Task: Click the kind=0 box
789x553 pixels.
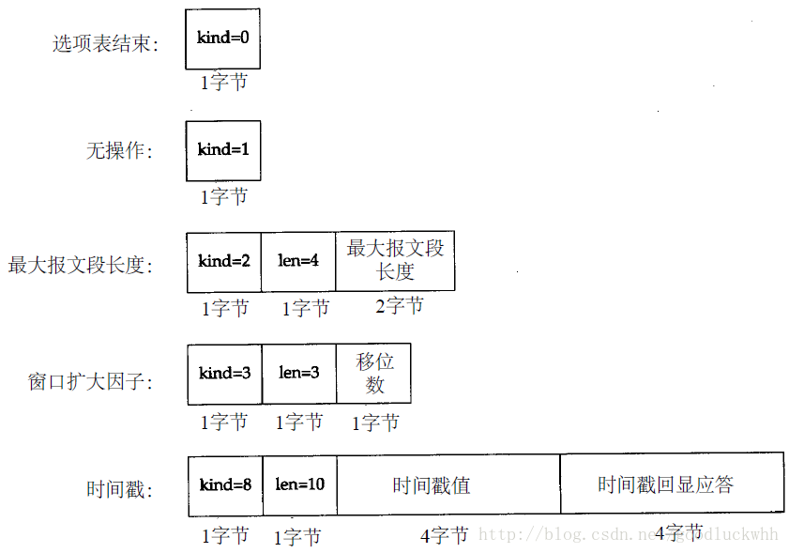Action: pos(222,38)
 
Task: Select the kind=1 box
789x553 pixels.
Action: pos(223,150)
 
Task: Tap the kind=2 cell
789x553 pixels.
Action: pos(224,261)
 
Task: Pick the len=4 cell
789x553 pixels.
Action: pos(298,261)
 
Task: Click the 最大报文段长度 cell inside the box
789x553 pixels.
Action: pos(395,260)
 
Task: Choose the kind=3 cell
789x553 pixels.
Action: pos(225,374)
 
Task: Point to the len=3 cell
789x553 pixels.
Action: pos(299,374)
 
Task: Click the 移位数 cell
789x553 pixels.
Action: pos(374,374)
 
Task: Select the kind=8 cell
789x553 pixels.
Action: pos(225,485)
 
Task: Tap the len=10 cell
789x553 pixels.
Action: pos(300,485)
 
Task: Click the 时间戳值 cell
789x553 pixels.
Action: pos(432,485)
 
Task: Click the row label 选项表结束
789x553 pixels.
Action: pos(105,44)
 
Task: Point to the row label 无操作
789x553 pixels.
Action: pos(120,150)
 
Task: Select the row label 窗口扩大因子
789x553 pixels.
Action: pos(90,382)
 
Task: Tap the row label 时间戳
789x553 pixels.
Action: pos(120,489)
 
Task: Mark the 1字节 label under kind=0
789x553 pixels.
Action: pos(224,83)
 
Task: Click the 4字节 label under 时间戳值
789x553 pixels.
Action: pos(444,536)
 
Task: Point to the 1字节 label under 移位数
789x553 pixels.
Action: pos(375,423)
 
